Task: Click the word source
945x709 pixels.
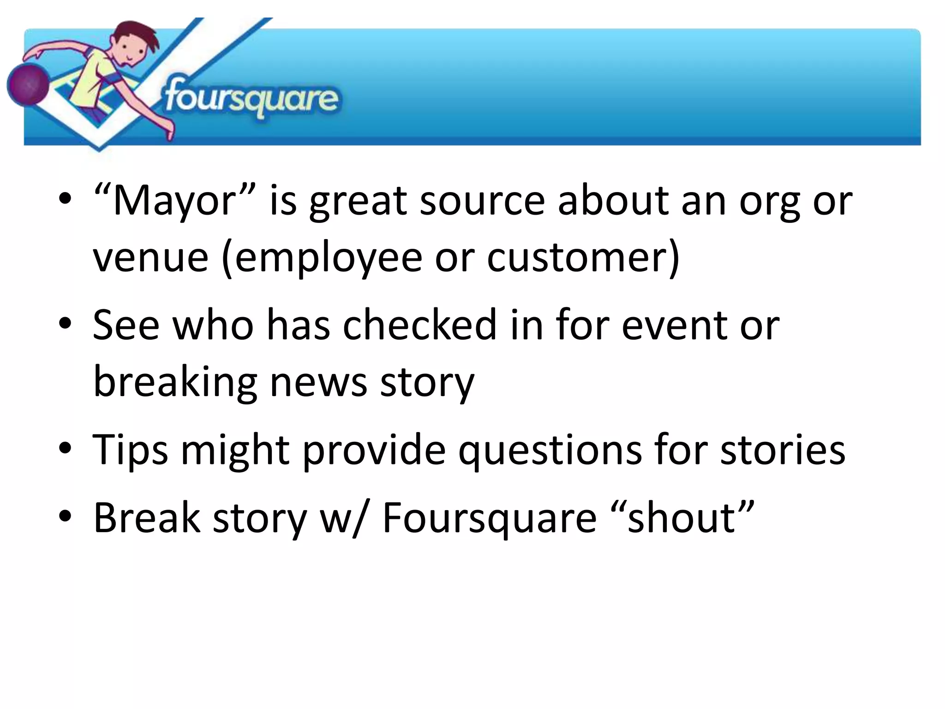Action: [x=482, y=201]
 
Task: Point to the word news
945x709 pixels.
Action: [x=318, y=382]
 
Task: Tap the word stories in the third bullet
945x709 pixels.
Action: [x=783, y=450]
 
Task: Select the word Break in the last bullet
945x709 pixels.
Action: [x=147, y=518]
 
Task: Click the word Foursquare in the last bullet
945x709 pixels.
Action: [x=489, y=518]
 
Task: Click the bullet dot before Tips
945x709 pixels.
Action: [x=65, y=448]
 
